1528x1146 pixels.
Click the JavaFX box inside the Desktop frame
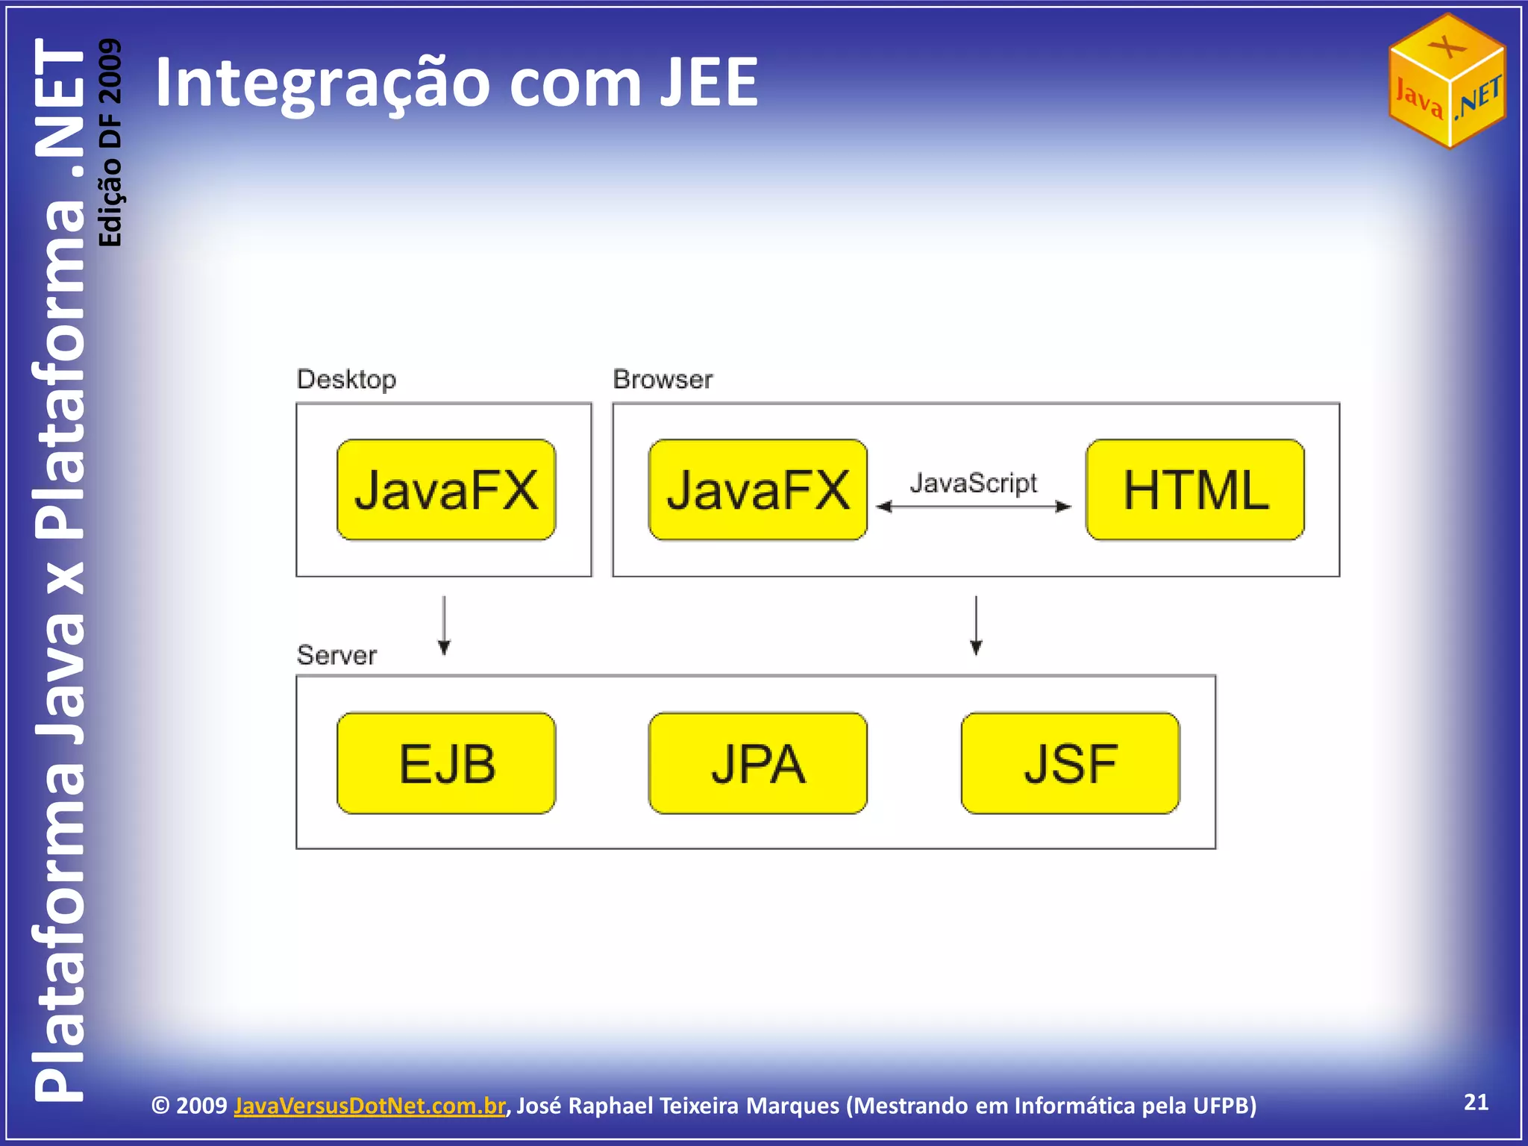click(x=446, y=489)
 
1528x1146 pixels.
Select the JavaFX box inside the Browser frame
click(x=757, y=489)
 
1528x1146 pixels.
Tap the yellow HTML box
click(x=1194, y=489)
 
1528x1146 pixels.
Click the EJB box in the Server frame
click(x=446, y=763)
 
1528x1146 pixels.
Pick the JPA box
click(x=757, y=763)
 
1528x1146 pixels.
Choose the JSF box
click(x=1070, y=763)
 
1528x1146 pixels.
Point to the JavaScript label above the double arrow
click(x=973, y=483)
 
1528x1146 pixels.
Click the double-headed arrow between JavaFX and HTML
click(x=973, y=507)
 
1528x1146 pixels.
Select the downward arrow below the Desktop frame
click(x=444, y=625)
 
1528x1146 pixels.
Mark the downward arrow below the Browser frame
click(x=976, y=625)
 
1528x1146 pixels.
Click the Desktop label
click(x=346, y=379)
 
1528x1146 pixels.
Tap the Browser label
click(x=663, y=379)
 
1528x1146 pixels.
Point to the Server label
click(x=336, y=655)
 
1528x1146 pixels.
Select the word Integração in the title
click(x=321, y=84)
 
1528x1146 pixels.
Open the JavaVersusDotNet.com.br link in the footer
click(x=369, y=1105)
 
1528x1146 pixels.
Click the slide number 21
click(x=1476, y=1102)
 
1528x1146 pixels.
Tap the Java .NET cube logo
click(x=1447, y=81)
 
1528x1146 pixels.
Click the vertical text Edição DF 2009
click(x=110, y=142)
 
